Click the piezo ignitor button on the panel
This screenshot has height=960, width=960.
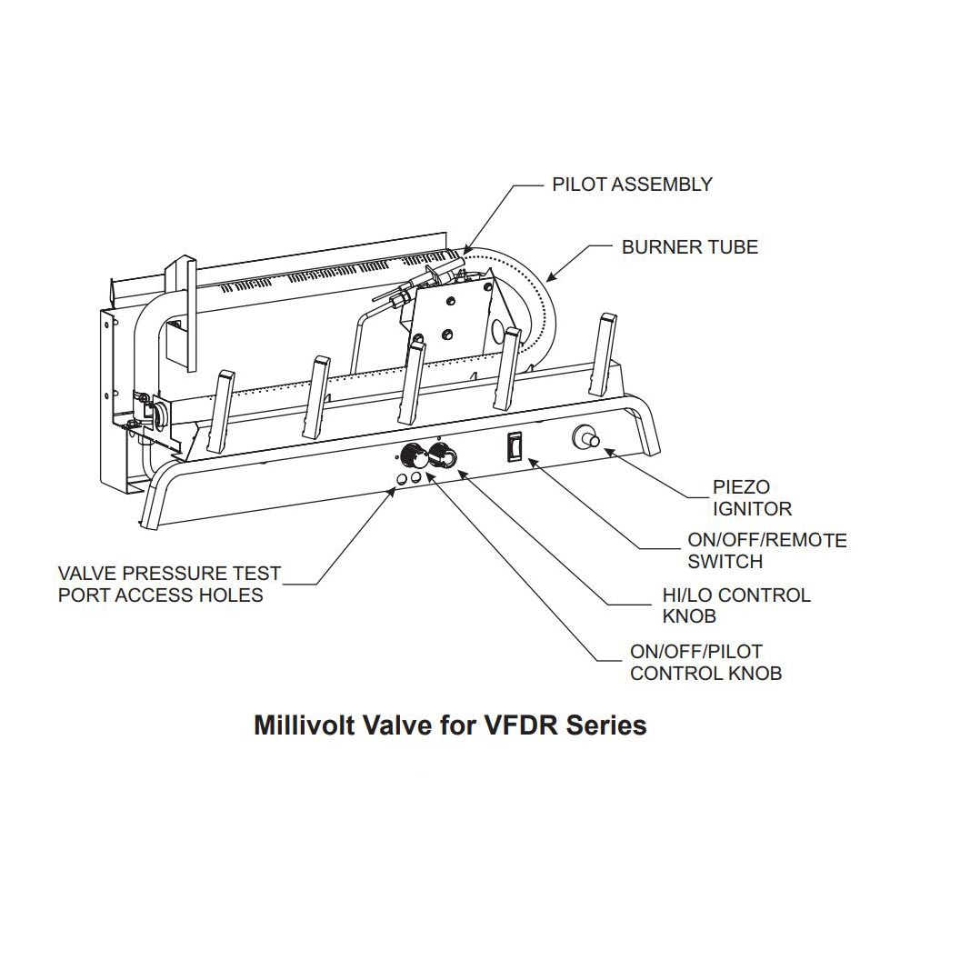click(x=583, y=439)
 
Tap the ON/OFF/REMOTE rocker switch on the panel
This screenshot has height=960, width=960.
click(x=514, y=445)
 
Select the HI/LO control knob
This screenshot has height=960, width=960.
click(x=445, y=456)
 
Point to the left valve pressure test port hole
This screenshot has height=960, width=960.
click(x=401, y=478)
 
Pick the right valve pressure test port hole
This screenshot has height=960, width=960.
click(x=416, y=478)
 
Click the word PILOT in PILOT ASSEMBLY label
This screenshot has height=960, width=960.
click(x=577, y=185)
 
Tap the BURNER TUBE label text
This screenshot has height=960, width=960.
click(x=689, y=246)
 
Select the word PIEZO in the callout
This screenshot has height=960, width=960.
click(x=740, y=487)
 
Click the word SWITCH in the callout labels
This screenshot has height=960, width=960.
click(x=725, y=562)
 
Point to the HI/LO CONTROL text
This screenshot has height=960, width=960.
click(x=735, y=595)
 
